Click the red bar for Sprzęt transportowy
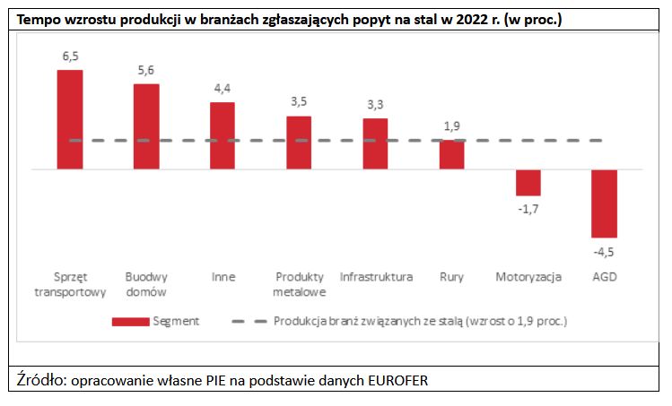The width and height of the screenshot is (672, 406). (70, 119)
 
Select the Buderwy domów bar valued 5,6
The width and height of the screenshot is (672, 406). (146, 126)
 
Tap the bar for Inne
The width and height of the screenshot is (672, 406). (223, 135)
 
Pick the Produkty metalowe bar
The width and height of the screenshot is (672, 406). (299, 143)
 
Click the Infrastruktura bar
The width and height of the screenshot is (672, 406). (375, 143)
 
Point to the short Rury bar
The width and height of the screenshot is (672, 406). (451, 154)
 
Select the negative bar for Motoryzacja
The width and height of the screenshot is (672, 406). (528, 182)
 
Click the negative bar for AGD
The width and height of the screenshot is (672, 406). (605, 203)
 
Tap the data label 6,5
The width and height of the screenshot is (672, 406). (71, 56)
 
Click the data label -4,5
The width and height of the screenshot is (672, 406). (605, 251)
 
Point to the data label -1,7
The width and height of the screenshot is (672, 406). (528, 210)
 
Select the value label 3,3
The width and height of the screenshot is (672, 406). (375, 105)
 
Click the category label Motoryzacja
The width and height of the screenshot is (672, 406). (528, 277)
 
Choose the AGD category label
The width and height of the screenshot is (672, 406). (605, 277)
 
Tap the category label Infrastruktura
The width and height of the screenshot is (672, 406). (376, 277)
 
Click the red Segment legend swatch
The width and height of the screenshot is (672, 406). (130, 320)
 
